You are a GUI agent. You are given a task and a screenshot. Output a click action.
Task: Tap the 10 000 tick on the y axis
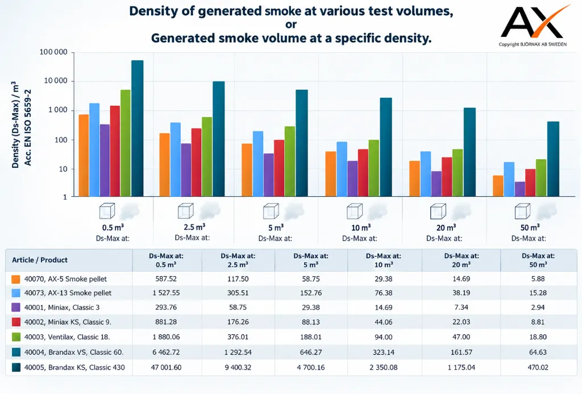56,81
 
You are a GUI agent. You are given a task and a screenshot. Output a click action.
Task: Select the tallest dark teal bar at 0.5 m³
138,128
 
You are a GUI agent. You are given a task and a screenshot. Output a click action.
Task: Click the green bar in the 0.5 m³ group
126,143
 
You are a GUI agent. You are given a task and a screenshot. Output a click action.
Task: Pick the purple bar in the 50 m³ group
520,189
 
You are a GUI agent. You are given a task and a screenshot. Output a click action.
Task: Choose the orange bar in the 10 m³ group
331,174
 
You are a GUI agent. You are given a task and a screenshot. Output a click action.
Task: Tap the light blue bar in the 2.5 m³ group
176,159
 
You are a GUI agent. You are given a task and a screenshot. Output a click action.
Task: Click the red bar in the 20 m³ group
447,177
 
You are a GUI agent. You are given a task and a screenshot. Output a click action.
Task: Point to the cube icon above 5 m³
271,211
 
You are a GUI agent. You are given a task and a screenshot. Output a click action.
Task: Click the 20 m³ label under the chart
446,227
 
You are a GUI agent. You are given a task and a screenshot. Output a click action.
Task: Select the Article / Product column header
40,260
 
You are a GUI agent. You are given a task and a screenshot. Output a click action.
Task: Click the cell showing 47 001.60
166,367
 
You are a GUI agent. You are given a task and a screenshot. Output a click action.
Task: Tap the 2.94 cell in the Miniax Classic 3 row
538,307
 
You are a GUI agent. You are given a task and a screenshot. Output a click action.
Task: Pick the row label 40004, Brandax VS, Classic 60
74,352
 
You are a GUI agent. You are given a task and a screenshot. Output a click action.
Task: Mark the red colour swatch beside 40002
16,322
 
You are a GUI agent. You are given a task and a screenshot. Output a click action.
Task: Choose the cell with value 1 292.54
238,352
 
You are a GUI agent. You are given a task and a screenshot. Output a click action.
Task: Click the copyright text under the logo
533,44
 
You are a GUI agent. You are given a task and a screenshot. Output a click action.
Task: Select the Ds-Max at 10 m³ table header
384,260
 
